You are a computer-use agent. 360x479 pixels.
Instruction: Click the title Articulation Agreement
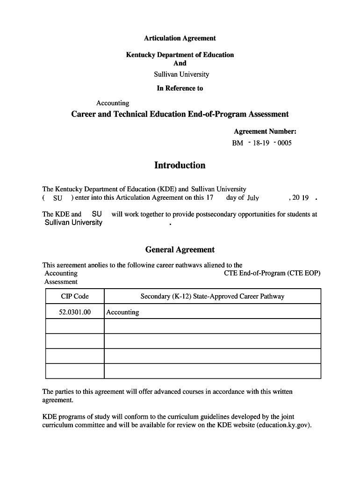click(x=180, y=38)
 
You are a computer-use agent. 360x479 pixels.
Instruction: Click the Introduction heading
click(x=180, y=165)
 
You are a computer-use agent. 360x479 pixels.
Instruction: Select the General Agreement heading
click(x=180, y=250)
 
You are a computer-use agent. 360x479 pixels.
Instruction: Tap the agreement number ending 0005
click(x=262, y=143)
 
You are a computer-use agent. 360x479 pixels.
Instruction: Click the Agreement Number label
click(x=265, y=131)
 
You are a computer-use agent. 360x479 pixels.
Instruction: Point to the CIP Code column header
click(x=75, y=296)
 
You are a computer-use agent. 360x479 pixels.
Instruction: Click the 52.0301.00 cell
click(x=75, y=312)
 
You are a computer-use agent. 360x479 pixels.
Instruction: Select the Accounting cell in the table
click(x=122, y=312)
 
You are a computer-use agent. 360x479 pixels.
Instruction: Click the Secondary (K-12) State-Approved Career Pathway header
click(x=212, y=296)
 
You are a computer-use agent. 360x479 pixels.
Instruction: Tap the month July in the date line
click(x=253, y=198)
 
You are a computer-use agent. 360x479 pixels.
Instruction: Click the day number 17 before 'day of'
click(x=209, y=197)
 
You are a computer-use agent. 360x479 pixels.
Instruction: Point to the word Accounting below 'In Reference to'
click(x=113, y=103)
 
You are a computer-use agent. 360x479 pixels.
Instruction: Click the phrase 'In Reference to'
click(x=180, y=88)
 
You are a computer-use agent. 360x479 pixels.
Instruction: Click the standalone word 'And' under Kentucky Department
click(x=180, y=63)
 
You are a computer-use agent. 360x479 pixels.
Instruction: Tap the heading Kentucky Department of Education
click(x=180, y=55)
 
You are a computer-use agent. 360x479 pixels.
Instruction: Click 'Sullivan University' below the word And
click(x=181, y=74)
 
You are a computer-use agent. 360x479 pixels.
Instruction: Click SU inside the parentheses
click(x=58, y=198)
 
